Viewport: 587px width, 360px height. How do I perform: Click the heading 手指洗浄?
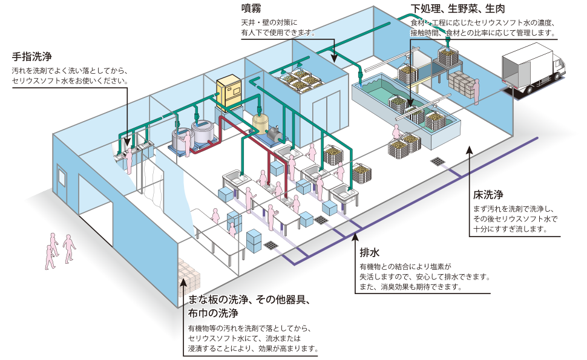point(31,57)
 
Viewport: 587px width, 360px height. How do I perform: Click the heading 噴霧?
point(251,9)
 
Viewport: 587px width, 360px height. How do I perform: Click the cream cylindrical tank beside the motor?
point(261,123)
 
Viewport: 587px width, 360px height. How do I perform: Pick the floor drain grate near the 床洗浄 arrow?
point(437,162)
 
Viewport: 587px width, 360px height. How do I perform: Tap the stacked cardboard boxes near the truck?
point(462,84)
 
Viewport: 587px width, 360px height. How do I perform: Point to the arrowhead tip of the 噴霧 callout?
point(333,61)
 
